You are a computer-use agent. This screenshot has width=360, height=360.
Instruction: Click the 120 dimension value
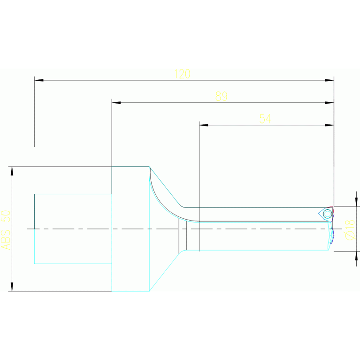click(182, 74)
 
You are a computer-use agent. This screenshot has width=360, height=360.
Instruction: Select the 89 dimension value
click(222, 96)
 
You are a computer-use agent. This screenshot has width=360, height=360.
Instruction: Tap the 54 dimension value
click(265, 119)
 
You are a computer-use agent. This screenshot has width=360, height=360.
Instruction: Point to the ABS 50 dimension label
click(6, 229)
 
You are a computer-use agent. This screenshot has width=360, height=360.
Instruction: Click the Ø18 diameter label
click(350, 229)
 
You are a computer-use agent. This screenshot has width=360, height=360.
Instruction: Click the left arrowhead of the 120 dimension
click(39, 80)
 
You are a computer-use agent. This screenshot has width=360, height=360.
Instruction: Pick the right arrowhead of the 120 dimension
click(329, 80)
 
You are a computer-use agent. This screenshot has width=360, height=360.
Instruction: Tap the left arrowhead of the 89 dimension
click(116, 103)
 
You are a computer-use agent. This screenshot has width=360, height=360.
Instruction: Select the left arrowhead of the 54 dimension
click(204, 125)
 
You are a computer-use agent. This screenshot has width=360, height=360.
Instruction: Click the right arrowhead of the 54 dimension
click(329, 125)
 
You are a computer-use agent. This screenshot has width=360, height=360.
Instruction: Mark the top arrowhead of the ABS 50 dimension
click(12, 171)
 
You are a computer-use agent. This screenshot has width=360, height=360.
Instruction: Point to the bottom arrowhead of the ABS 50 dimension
click(12, 286)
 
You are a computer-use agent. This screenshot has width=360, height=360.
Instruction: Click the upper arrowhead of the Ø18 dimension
click(356, 202)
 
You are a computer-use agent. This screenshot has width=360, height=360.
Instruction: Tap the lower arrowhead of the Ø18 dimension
click(356, 256)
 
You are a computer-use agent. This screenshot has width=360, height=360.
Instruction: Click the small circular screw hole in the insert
click(327, 214)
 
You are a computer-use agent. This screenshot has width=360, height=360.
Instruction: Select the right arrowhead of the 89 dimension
click(329, 103)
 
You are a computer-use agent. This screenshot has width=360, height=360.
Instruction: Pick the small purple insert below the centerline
click(332, 237)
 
